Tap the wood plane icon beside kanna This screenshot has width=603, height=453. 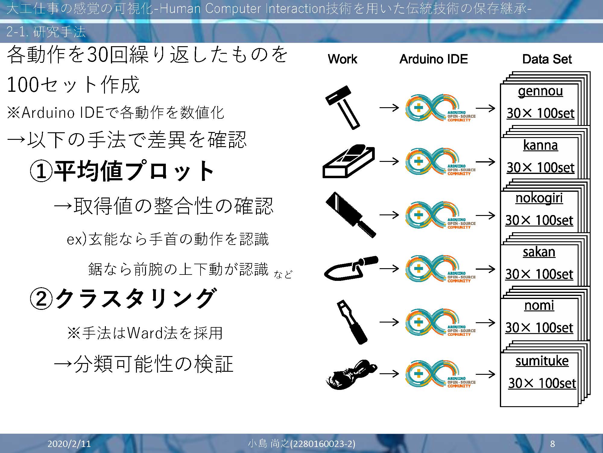(349, 161)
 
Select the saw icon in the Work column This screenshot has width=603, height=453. (351, 215)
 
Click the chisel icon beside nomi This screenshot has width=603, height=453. (352, 322)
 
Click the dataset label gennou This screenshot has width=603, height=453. (540, 91)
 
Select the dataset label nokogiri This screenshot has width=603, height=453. (539, 198)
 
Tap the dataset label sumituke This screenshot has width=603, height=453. (542, 361)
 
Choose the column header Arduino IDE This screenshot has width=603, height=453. (434, 59)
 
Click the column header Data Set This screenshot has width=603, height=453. (547, 59)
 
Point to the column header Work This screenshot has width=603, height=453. (343, 59)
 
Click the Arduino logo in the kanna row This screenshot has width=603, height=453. (440, 162)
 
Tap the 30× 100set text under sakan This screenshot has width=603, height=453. (539, 274)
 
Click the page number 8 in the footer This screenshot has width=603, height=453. (552, 443)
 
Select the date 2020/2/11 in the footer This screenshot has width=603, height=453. (69, 443)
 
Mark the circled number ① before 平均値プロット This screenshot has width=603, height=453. (41, 171)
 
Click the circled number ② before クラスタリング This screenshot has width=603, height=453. (41, 298)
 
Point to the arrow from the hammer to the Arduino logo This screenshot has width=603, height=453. (389, 108)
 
